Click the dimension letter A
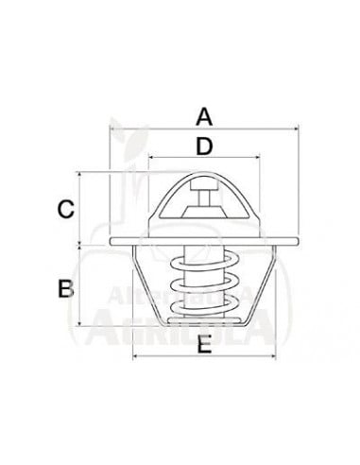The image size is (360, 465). (x=202, y=117)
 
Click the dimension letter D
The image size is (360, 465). (x=202, y=146)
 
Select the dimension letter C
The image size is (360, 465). (x=65, y=209)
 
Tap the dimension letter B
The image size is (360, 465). (x=65, y=288)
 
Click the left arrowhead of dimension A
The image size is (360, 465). (x=112, y=130)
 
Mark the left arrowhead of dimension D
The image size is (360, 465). (x=151, y=159)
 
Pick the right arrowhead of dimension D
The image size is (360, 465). (x=255, y=159)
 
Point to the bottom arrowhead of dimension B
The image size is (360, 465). (x=83, y=322)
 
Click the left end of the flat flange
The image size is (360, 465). (x=113, y=244)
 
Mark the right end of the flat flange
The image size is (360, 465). (x=293, y=244)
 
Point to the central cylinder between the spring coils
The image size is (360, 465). (x=203, y=284)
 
